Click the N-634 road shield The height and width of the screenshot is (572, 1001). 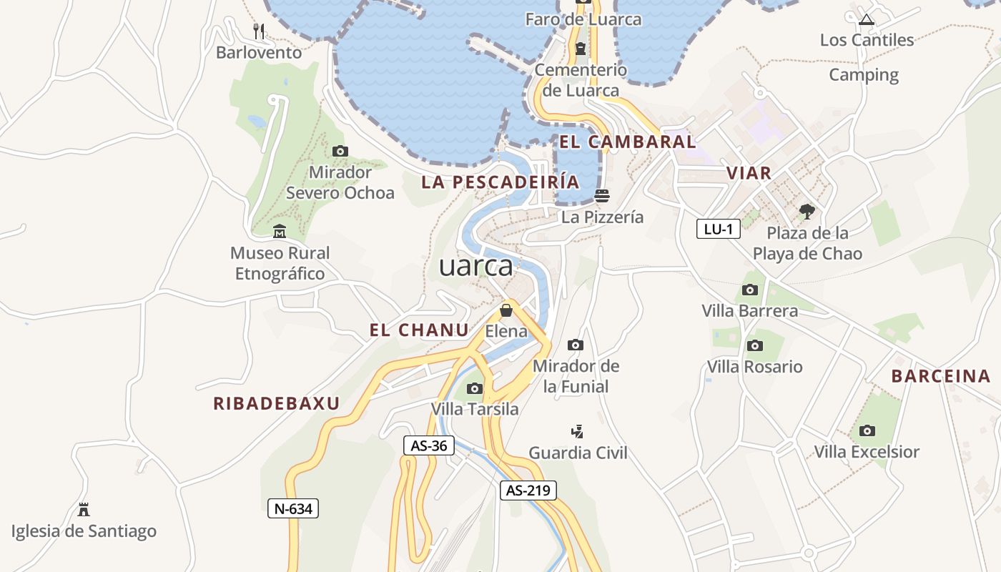(x=292, y=508)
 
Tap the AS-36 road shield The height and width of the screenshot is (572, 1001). (x=429, y=445)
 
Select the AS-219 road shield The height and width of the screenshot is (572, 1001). (x=528, y=490)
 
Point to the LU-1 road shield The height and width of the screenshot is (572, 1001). (x=718, y=229)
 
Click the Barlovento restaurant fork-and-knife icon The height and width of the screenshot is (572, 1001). (x=260, y=31)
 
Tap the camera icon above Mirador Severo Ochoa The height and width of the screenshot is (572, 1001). (x=340, y=151)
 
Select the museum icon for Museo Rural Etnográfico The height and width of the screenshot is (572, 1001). (x=280, y=232)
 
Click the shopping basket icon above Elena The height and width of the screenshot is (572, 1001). (x=506, y=310)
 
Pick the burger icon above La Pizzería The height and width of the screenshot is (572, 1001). (x=602, y=196)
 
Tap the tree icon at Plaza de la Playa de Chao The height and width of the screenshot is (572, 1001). (x=807, y=212)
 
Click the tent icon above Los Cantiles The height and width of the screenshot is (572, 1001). (x=867, y=19)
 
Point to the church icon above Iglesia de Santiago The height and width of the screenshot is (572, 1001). (x=84, y=510)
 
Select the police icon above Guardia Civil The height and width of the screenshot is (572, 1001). (x=578, y=431)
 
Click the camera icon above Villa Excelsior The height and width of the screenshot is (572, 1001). (x=867, y=430)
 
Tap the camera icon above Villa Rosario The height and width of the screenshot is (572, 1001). (x=754, y=345)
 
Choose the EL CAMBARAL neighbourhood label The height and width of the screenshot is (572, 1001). (x=627, y=142)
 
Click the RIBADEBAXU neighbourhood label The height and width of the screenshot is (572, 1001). (x=276, y=403)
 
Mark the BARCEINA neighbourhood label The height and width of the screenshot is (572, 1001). (x=941, y=376)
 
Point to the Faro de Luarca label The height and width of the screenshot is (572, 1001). (x=583, y=19)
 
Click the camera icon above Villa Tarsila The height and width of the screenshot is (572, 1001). (x=474, y=388)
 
